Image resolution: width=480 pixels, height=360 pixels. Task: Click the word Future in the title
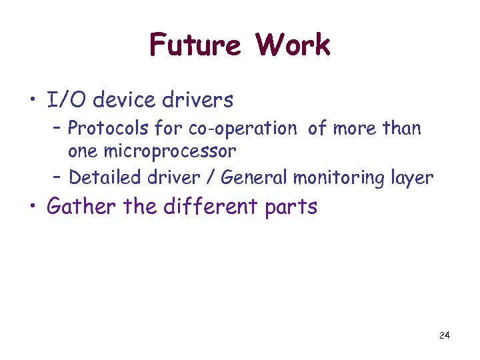click(195, 45)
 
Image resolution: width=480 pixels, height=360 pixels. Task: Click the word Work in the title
click(293, 45)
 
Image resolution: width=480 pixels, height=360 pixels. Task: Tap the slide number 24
click(445, 335)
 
